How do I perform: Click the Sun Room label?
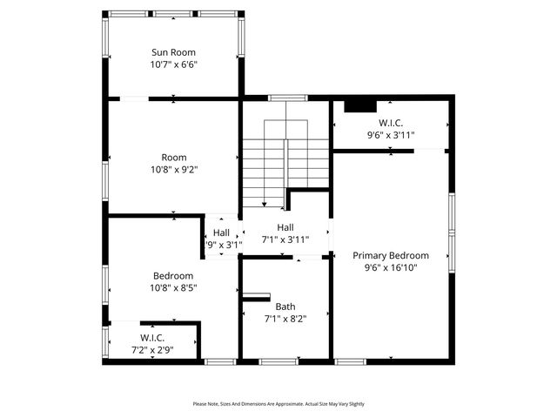(x=174, y=52)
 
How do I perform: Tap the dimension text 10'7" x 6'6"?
(x=174, y=64)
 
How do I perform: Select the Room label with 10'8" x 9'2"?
(x=174, y=158)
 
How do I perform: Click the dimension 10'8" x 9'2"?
(x=174, y=170)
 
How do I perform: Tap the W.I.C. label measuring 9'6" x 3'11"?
(x=390, y=123)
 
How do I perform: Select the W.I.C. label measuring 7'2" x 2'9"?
(x=152, y=338)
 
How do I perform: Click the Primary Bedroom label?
(x=390, y=255)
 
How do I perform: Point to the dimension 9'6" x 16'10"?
(x=390, y=268)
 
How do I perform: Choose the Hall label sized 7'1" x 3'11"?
(x=285, y=227)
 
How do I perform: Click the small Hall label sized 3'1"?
(x=221, y=233)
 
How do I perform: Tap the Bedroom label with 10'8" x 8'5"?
(x=173, y=275)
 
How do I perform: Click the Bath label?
(x=285, y=307)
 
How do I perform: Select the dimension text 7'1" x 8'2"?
(x=285, y=319)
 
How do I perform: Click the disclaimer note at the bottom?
(x=278, y=404)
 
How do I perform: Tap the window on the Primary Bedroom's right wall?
(x=451, y=233)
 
